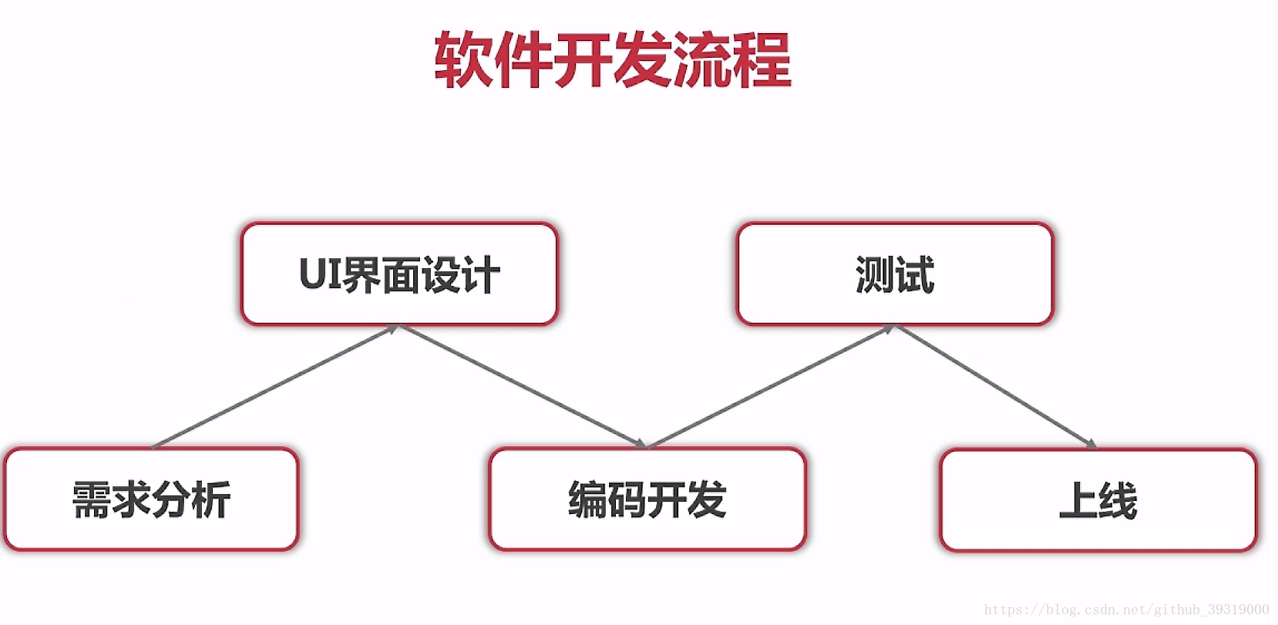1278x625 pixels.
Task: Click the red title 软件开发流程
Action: click(613, 60)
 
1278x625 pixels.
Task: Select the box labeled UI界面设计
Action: click(399, 274)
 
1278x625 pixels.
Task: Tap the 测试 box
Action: click(895, 274)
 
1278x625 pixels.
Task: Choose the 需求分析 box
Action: click(151, 499)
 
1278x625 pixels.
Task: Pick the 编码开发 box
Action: click(647, 499)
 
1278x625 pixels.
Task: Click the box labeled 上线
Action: click(1098, 500)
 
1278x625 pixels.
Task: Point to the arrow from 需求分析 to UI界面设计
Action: click(275, 386)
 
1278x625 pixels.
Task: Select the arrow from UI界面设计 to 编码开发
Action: click(523, 386)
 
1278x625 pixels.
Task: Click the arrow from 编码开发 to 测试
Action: click(771, 386)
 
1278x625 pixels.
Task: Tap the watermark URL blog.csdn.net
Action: click(1126, 610)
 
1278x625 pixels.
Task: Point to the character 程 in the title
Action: click(762, 60)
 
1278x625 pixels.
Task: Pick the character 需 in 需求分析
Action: click(92, 499)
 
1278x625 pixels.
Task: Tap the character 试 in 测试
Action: click(915, 274)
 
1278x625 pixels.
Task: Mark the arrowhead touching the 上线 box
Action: click(1091, 444)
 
